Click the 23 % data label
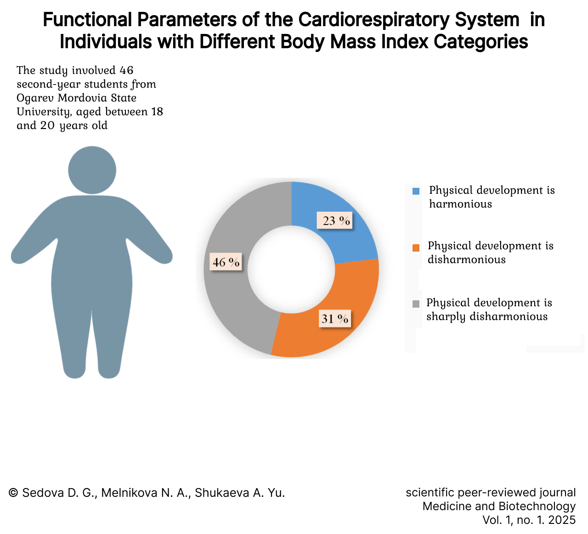335,220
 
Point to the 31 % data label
335,319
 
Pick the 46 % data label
226,262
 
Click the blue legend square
416,191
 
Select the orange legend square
416,248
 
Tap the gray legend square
416,304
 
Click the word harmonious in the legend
460,204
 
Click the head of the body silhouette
92,170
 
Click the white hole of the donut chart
291,270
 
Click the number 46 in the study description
126,70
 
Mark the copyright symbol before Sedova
13,493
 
